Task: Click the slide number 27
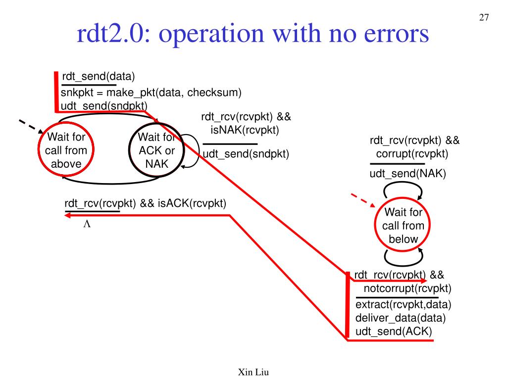pos(484,18)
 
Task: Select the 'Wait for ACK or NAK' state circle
pos(156,150)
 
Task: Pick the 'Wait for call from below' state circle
pos(403,226)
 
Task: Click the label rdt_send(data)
pos(98,77)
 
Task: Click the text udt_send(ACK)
pos(394,331)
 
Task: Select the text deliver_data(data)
pos(401,318)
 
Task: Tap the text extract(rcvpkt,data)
pos(404,304)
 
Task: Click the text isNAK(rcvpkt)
pos(245,131)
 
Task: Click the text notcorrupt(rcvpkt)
pos(407,288)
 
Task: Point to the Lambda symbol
pos(87,224)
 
